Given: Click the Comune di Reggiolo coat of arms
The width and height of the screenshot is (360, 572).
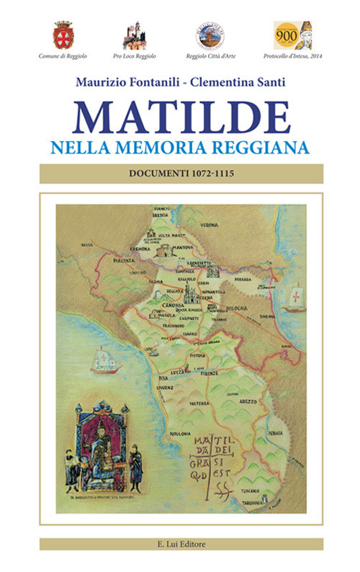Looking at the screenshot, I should coord(63,35).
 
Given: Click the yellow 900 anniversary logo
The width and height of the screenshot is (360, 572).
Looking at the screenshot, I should coord(291,35).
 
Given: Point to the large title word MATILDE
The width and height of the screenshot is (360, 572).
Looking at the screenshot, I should coord(181,117).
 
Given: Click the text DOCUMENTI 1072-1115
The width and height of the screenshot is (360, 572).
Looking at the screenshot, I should coord(181,174).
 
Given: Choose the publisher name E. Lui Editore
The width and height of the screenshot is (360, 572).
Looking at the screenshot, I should coord(181,544).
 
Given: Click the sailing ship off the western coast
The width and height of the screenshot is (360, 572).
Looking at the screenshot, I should coord(104,360).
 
